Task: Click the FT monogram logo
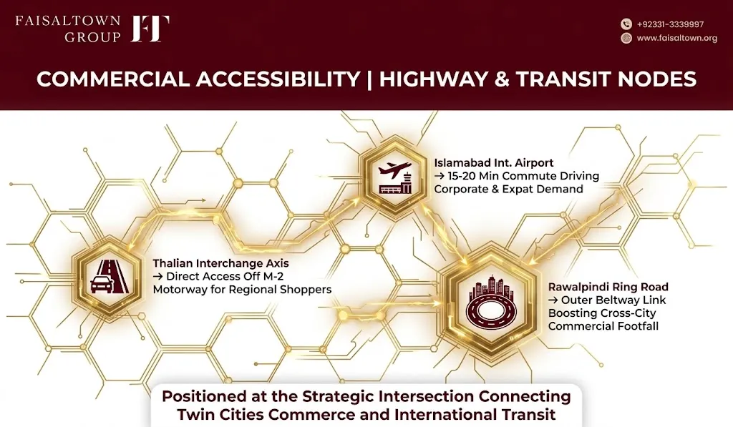(x=150, y=29)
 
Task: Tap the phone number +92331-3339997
(x=670, y=24)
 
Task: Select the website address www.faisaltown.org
(x=677, y=39)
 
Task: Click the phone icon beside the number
(x=626, y=24)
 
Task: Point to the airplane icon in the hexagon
(x=395, y=177)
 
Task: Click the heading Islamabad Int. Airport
(x=494, y=162)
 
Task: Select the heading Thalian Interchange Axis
(x=220, y=263)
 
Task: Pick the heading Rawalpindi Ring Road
(x=608, y=287)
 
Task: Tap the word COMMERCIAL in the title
(x=112, y=79)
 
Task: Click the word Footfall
(x=636, y=326)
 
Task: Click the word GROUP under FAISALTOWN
(x=92, y=37)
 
